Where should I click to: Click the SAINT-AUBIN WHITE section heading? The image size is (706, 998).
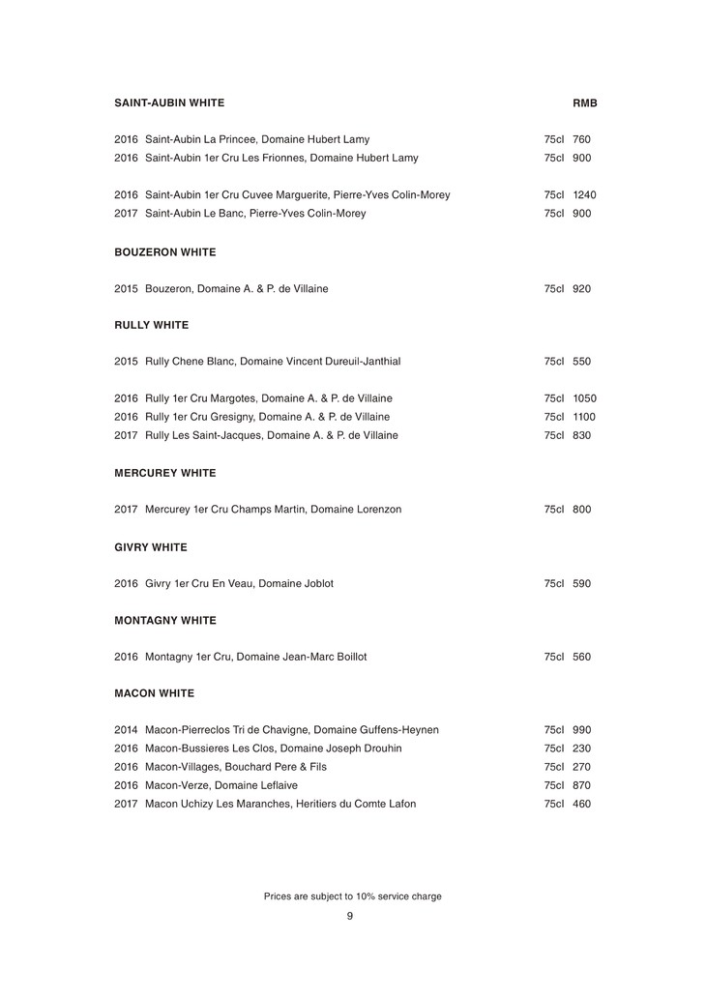pos(169,103)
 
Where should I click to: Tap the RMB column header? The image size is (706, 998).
pos(585,103)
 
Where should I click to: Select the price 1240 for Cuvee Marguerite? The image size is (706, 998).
pos(584,195)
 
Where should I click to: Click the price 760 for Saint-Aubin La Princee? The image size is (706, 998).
pos(581,139)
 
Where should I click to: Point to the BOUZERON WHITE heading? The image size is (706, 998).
pos(164,252)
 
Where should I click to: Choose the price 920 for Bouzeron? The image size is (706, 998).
pos(581,289)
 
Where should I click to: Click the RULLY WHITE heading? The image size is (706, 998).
pos(151,325)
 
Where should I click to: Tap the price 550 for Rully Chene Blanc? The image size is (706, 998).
pos(581,362)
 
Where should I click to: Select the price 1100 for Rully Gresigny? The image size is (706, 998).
pos(584,417)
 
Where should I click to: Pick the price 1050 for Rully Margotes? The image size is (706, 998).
pos(584,398)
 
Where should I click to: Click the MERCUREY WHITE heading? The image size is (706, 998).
pos(164,473)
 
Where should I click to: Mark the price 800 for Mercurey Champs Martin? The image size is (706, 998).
pos(581,510)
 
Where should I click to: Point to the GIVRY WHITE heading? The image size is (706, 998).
pos(150,547)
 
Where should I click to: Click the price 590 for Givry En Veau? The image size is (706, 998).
pos(581,584)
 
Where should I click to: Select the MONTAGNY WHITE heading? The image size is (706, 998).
pos(164,620)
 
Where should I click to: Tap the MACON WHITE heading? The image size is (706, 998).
pos(154,693)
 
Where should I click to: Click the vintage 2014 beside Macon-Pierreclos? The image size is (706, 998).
pos(126,730)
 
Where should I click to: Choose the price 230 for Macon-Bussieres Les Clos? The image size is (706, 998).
pos(581,748)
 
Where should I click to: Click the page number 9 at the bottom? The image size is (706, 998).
pos(350,916)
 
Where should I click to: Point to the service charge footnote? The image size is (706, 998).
pos(352,896)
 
